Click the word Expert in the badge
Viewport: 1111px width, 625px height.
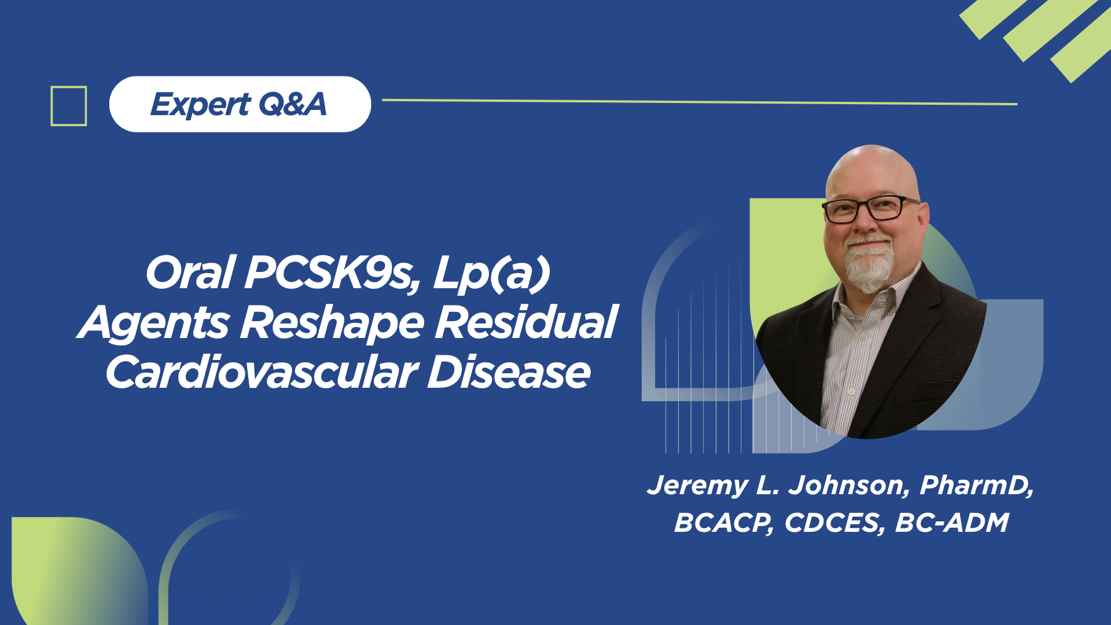[x=200, y=105]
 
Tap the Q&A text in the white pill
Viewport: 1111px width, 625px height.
[x=292, y=104]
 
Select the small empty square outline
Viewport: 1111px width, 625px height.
[x=69, y=106]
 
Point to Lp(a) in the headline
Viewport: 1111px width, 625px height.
[x=491, y=273]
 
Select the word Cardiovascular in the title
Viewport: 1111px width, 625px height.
[x=262, y=372]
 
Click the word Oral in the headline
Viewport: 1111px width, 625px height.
[x=190, y=273]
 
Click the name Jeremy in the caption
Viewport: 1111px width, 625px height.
[x=697, y=486]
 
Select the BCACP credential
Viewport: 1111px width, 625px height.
[x=724, y=523]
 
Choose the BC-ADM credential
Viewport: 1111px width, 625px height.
[x=952, y=523]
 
